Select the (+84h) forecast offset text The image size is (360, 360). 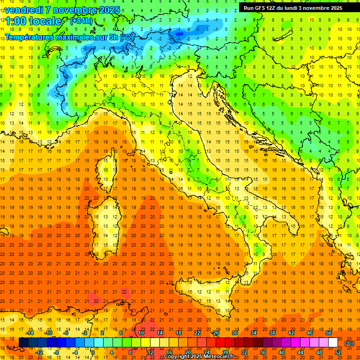coord(81,21)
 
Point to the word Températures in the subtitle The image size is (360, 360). coord(30,37)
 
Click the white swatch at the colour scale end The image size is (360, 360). coord(333,342)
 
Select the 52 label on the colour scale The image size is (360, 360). coord(337,352)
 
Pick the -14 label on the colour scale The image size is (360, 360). coord(30,333)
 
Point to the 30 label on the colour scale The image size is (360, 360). coord(234,333)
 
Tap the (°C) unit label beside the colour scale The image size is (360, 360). coord(349,343)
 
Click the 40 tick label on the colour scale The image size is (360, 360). coord(281,352)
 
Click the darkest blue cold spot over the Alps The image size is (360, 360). coord(179,33)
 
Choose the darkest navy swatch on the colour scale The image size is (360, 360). coord(23,342)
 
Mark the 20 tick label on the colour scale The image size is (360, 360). coord(187,352)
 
